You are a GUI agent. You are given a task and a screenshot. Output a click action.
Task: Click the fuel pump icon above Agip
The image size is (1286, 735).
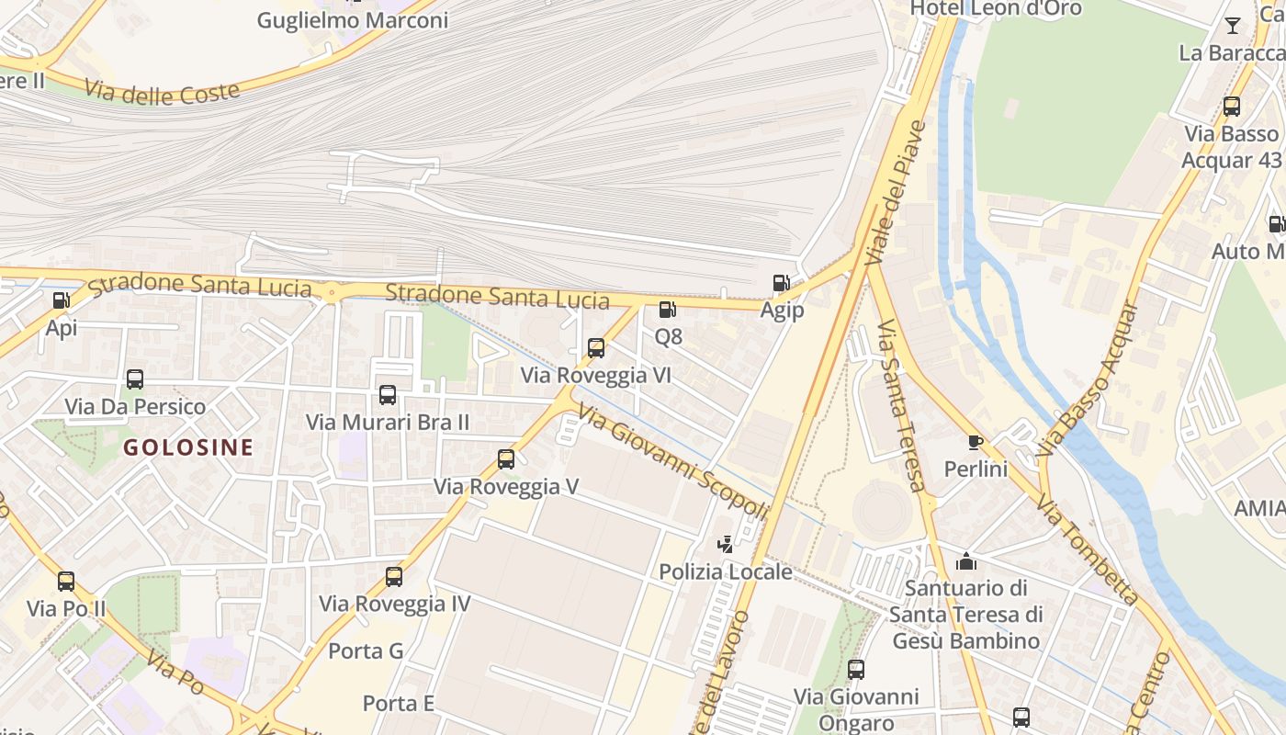point(781,283)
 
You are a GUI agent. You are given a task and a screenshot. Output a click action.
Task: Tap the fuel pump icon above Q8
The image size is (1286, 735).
point(668,310)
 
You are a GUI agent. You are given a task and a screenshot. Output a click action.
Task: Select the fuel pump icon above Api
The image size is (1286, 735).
point(62,300)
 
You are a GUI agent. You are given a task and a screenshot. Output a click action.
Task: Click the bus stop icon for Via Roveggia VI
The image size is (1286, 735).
point(596,348)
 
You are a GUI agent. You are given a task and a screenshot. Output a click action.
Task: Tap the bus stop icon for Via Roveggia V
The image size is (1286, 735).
point(506,459)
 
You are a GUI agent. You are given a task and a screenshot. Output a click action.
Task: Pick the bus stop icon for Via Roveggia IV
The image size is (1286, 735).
point(394,577)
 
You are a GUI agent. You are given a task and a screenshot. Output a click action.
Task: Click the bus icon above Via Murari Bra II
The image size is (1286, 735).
point(388,395)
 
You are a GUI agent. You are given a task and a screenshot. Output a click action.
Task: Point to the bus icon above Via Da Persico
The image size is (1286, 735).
point(135,379)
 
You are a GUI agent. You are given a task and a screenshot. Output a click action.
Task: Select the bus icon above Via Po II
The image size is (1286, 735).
point(66,582)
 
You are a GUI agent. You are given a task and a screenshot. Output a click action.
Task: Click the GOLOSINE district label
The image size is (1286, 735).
point(188,448)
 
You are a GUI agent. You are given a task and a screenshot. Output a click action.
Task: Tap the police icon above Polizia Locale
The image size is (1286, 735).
point(726,544)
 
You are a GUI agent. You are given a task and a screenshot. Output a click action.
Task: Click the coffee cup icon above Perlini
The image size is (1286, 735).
point(976,442)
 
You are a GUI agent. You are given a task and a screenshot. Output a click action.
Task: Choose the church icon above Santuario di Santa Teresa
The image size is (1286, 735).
point(966,560)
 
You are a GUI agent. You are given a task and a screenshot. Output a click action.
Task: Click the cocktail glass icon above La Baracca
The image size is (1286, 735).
point(1233,26)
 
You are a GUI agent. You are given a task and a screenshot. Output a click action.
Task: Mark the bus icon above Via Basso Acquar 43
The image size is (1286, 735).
point(1232,107)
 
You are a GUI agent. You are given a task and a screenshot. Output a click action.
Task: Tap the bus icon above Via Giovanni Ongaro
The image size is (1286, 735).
point(856,670)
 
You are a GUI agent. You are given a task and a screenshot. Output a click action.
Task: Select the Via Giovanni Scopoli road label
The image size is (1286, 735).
point(672,462)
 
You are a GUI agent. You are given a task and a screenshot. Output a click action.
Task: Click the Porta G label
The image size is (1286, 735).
point(366,651)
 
